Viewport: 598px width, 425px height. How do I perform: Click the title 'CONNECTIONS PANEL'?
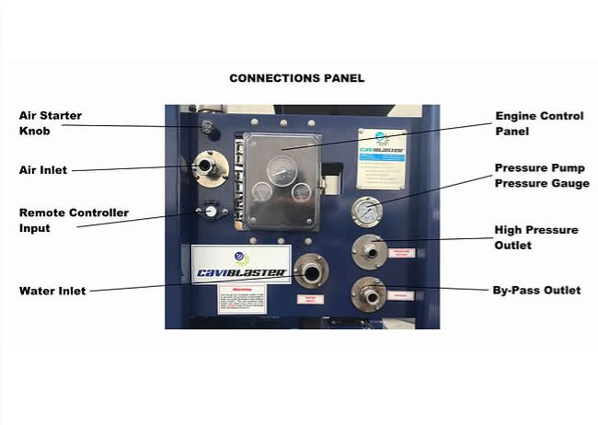[296, 78]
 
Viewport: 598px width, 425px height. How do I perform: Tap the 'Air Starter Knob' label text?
[51, 123]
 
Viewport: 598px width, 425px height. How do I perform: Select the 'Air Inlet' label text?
[42, 170]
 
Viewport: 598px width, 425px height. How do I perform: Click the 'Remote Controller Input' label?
[74, 221]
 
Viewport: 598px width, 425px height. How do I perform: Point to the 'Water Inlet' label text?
[52, 292]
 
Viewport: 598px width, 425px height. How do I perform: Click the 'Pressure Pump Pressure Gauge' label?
[541, 176]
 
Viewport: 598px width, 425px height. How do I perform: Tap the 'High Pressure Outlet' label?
[536, 237]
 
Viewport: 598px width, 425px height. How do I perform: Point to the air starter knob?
[208, 125]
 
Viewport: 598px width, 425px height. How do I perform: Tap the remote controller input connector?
[210, 212]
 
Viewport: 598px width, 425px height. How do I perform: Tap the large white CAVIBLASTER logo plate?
[240, 261]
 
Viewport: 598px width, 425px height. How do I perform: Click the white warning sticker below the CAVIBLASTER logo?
[241, 299]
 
